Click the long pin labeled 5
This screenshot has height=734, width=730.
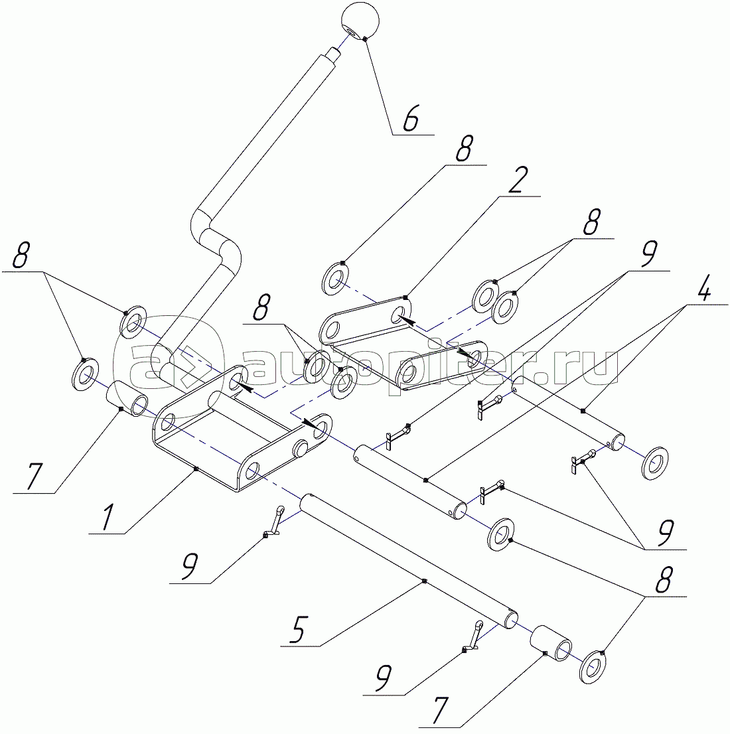click(408, 561)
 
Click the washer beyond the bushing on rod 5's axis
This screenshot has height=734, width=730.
click(593, 666)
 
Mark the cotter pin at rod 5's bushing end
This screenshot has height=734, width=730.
click(471, 636)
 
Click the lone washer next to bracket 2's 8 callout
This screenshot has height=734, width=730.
click(335, 279)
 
